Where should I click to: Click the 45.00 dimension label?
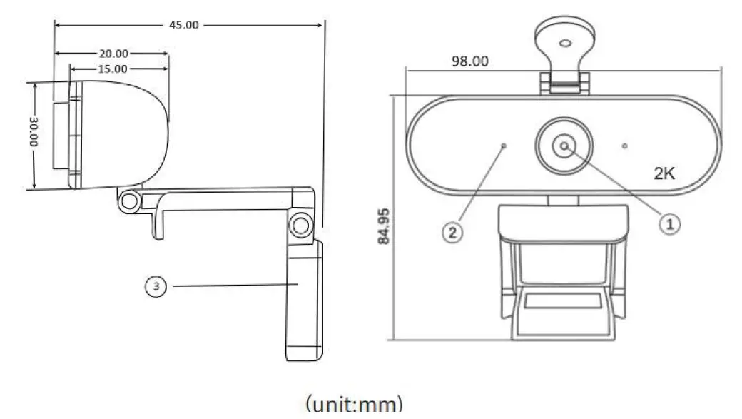tap(183, 24)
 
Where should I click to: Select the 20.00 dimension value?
tap(113, 54)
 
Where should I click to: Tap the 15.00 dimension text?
tap(112, 69)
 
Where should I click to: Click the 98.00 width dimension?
tap(470, 61)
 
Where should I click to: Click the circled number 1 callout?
tap(669, 224)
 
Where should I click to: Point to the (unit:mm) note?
tap(353, 404)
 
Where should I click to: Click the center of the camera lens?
tap(564, 146)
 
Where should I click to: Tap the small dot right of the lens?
tap(624, 146)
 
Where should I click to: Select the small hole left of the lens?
tap(504, 146)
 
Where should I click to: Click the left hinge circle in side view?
tap(129, 201)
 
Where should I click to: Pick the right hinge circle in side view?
tap(300, 225)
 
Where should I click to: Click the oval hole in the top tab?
tap(564, 43)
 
